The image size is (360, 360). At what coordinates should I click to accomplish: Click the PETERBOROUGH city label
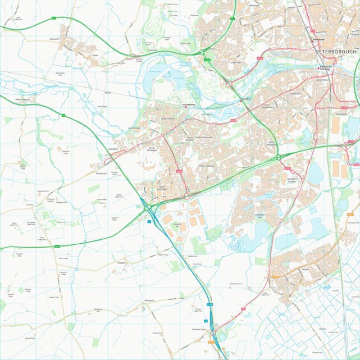click(x=336, y=52)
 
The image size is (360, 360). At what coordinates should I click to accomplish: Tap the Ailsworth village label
click(x=54, y=39)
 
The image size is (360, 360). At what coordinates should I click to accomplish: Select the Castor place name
click(x=95, y=56)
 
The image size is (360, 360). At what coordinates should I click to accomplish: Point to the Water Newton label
click(x=25, y=99)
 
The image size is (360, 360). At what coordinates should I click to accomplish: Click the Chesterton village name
click(x=102, y=174)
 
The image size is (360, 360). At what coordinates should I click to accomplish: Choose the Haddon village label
click(x=121, y=262)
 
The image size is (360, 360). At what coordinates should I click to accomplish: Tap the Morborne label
click(x=149, y=300)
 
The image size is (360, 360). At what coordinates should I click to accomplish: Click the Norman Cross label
click(x=200, y=329)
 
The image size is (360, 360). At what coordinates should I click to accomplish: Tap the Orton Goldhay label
click(x=207, y=166)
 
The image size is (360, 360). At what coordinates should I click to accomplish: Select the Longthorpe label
click(x=236, y=62)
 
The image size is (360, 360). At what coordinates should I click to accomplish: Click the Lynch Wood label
click(x=134, y=128)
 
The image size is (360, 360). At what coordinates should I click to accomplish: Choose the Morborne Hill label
click(x=98, y=311)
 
